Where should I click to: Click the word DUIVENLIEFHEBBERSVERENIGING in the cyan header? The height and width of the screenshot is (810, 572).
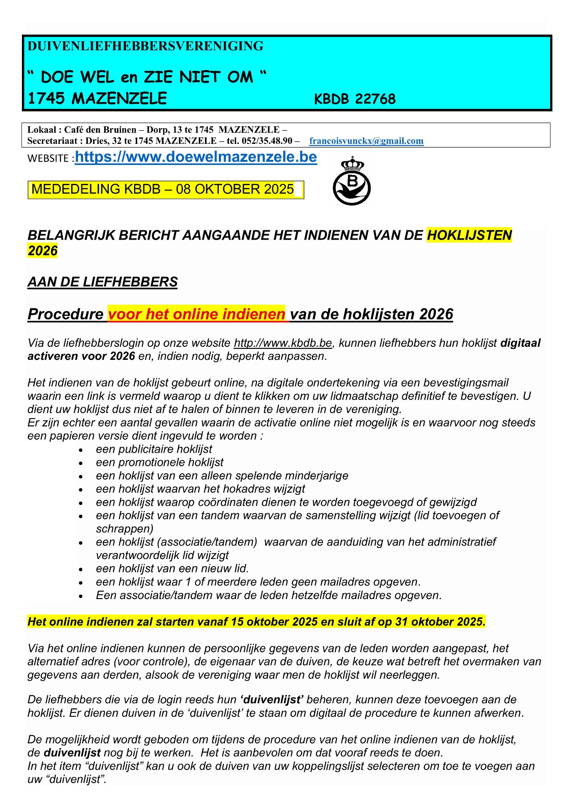click(x=145, y=46)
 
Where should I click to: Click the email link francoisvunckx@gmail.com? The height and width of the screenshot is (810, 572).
click(x=366, y=141)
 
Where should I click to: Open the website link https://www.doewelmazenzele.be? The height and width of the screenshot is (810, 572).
click(x=196, y=157)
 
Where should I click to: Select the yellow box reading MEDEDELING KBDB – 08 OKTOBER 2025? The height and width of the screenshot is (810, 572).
click(x=165, y=189)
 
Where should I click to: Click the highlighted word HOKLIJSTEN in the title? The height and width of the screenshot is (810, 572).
click(x=469, y=235)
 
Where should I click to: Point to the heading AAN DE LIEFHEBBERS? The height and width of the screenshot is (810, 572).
click(x=102, y=282)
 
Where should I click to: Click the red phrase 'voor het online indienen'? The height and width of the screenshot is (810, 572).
click(x=196, y=314)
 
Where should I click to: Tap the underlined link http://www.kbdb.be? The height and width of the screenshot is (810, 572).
click(x=283, y=343)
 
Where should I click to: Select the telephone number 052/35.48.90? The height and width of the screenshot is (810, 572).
click(x=267, y=141)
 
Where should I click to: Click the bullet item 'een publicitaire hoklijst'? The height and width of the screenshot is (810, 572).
click(x=154, y=449)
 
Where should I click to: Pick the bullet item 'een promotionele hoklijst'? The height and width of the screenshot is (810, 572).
click(x=159, y=462)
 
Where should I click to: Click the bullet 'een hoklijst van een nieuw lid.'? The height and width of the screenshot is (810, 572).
click(x=172, y=569)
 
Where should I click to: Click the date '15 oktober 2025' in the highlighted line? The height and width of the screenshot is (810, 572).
click(x=274, y=622)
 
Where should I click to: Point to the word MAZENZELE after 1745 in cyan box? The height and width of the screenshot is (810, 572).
click(x=119, y=99)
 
